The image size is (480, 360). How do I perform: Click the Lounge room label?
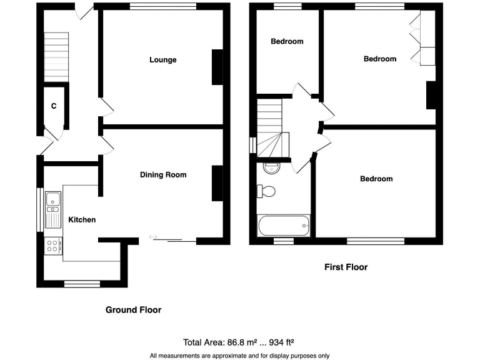(162, 60)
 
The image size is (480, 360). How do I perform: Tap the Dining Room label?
(162, 175)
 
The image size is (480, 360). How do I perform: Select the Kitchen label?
(82, 219)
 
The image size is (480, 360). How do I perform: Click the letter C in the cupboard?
(54, 106)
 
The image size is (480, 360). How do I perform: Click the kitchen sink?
(52, 201)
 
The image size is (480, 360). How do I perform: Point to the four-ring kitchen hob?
(52, 246)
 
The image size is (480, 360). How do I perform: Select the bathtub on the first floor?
(284, 224)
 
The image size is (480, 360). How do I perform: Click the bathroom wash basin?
(271, 167)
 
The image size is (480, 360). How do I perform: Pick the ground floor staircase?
(55, 56)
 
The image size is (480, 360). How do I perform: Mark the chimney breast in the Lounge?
(217, 67)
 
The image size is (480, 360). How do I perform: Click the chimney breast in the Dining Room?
(217, 183)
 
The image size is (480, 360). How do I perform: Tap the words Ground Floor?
(133, 310)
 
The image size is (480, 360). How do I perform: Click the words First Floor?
(346, 267)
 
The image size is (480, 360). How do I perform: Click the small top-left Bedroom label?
(287, 41)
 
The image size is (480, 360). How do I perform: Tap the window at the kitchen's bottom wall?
(82, 284)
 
